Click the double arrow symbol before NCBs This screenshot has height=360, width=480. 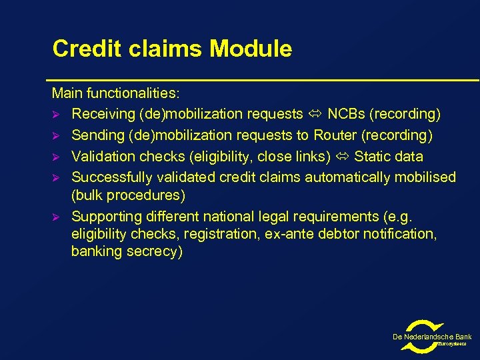[315, 114]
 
